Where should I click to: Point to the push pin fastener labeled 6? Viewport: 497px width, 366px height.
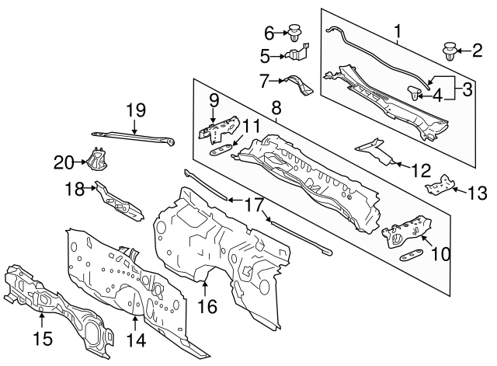pyautogui.click(x=296, y=33)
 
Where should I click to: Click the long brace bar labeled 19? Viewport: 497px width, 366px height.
pyautogui.click(x=132, y=136)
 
